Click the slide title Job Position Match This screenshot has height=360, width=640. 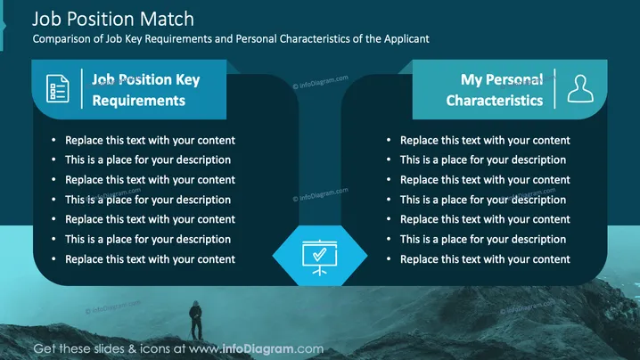tap(113, 20)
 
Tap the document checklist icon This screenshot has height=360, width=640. tap(58, 88)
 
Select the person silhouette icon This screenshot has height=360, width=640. tap(580, 88)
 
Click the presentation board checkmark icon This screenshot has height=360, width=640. tap(320, 258)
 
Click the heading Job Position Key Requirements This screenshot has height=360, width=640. tap(145, 90)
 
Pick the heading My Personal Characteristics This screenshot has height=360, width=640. tap(495, 90)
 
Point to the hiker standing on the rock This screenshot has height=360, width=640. tap(196, 321)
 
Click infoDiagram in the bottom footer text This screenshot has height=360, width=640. tap(258, 349)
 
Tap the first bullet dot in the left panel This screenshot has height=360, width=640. tap(53, 140)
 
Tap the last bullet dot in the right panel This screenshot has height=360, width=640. tap(389, 258)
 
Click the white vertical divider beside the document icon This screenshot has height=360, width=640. tap(82, 88)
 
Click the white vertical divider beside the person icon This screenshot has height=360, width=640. tap(554, 88)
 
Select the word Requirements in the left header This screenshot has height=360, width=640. tap(139, 101)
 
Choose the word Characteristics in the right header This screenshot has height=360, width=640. tap(495, 101)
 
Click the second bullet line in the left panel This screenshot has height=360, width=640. tap(148, 160)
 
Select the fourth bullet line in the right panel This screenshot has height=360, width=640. tap(483, 200)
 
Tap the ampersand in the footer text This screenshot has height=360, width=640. tap(132, 349)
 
